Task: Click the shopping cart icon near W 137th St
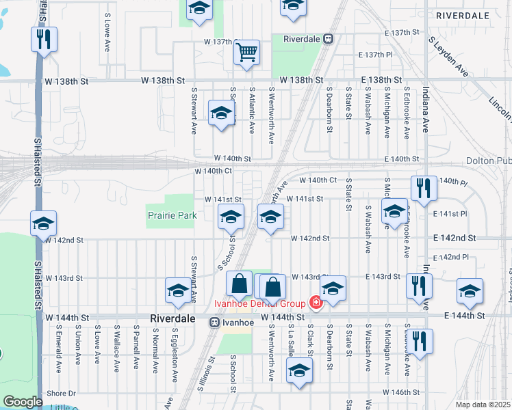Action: point(246,52)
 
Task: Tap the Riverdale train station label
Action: point(302,40)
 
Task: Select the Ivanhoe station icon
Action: point(214,320)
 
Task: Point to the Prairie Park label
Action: point(172,215)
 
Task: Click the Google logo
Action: point(23,402)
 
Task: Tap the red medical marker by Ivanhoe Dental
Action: point(316,301)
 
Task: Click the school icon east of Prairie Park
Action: point(231,218)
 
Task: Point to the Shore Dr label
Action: point(62,394)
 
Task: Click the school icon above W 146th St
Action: point(298,372)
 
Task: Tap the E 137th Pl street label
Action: point(376,55)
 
